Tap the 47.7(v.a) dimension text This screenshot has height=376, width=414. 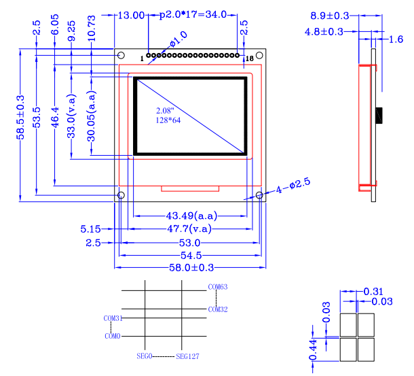point(189,229)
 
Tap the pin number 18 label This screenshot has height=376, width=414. point(250,59)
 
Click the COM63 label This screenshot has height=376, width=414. point(217,287)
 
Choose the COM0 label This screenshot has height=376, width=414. point(113,336)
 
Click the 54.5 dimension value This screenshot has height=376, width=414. point(189,255)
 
